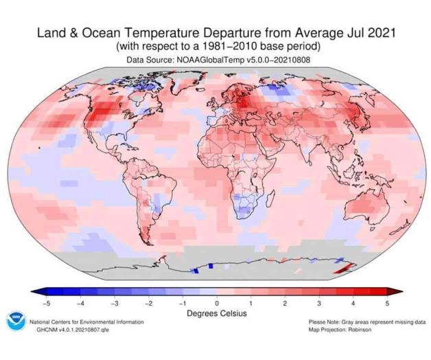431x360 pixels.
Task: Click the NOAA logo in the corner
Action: [14, 324]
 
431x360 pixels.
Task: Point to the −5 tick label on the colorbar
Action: [47, 302]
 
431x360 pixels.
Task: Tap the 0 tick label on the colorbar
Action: [217, 302]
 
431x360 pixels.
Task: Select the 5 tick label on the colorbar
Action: [386, 302]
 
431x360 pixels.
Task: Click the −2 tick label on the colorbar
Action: [149, 302]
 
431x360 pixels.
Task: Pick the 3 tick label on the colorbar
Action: [318, 302]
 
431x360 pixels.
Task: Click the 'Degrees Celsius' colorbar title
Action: [217, 313]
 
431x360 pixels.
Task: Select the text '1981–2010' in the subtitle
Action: [233, 47]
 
